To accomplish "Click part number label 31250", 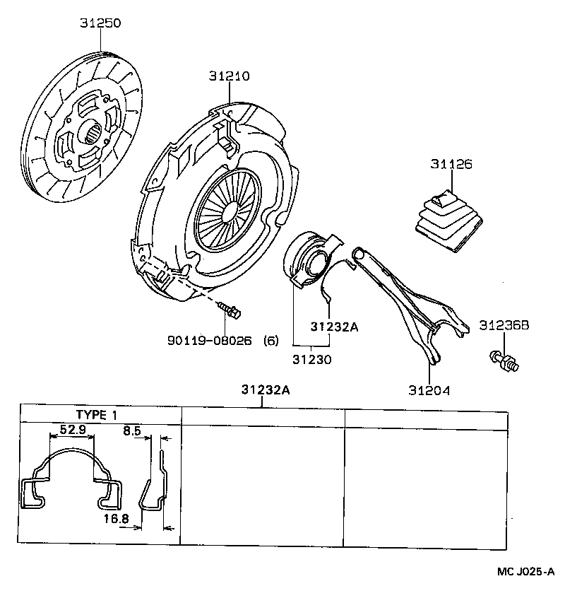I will click(x=100, y=23).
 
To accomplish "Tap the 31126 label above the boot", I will click(x=451, y=164).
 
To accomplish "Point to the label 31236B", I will click(x=504, y=326).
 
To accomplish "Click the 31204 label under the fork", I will click(x=429, y=389).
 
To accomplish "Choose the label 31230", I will click(x=311, y=359).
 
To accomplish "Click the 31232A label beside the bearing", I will click(x=335, y=327).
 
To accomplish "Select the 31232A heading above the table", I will click(x=264, y=389).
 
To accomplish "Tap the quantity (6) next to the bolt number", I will click(x=270, y=341).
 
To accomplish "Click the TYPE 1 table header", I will click(x=100, y=415).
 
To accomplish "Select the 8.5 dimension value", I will click(x=132, y=428).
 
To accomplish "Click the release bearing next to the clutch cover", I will click(x=309, y=259).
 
